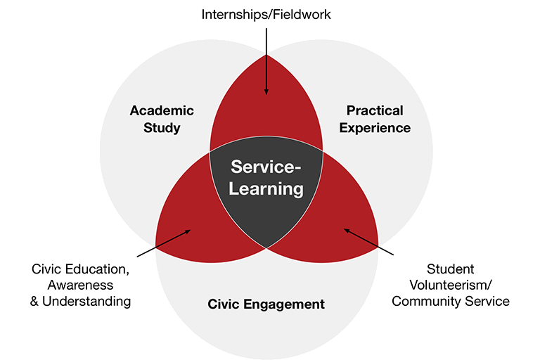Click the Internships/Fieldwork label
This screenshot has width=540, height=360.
266,14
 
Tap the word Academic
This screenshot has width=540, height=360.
161,110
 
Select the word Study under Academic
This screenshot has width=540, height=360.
161,128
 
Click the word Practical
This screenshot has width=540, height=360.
375,110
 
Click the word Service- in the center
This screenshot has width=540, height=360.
266,167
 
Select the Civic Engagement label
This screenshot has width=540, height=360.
266,304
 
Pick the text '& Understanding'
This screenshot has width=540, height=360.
82,302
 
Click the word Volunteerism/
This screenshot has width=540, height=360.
451,285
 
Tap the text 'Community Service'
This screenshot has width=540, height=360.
451,302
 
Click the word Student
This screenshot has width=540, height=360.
451,269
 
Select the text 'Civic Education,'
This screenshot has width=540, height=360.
82,269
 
